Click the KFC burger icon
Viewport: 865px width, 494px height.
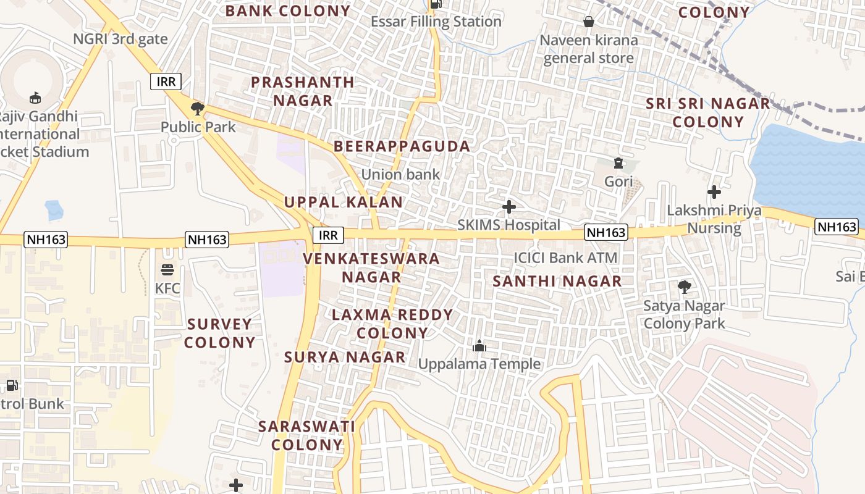click(x=167, y=270)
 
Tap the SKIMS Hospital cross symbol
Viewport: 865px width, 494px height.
click(x=509, y=207)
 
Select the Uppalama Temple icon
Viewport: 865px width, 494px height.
click(x=479, y=346)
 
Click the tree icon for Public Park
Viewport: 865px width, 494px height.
click(x=197, y=109)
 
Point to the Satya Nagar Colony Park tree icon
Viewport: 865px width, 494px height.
click(x=684, y=287)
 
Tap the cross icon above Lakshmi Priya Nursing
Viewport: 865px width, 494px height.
click(x=714, y=192)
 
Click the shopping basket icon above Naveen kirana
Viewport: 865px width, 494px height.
click(x=589, y=22)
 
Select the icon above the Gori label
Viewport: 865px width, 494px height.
click(x=618, y=163)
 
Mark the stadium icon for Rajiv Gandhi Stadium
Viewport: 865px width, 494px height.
click(x=35, y=98)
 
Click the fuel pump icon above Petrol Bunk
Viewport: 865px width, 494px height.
click(x=12, y=385)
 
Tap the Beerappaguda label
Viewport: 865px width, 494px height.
click(x=402, y=146)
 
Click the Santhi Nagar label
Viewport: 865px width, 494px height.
click(x=557, y=282)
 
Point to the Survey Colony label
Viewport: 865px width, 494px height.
click(x=220, y=333)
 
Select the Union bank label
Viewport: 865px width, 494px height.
click(x=400, y=175)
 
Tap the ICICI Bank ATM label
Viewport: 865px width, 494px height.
click(x=565, y=257)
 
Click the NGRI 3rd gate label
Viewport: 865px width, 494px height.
click(x=120, y=39)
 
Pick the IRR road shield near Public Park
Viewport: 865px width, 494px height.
click(x=166, y=81)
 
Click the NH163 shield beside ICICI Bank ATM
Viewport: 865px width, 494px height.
click(x=606, y=232)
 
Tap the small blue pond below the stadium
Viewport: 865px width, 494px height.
click(x=54, y=210)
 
